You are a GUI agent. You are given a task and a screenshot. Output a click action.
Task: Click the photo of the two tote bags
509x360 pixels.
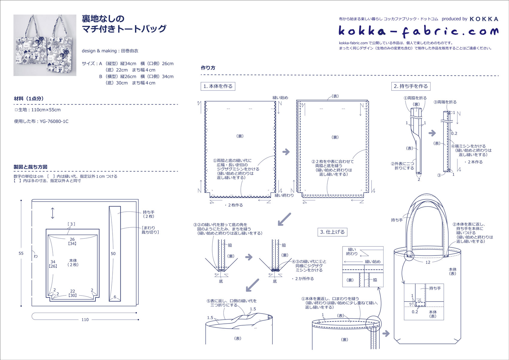[x=45, y=45]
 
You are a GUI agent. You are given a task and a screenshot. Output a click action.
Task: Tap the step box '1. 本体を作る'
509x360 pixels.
[x=218, y=86]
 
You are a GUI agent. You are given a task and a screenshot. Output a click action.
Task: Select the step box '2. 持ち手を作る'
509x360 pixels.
[x=411, y=86]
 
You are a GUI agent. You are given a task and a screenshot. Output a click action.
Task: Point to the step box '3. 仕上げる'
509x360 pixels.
[x=332, y=232]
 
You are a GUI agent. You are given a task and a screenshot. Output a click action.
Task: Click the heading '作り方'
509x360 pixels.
[x=208, y=68]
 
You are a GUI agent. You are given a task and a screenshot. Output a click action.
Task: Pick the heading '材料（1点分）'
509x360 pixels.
[x=29, y=99]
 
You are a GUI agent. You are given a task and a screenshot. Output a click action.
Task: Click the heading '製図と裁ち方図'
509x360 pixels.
[x=31, y=167]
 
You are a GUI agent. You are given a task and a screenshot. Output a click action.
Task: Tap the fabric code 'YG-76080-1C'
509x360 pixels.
[x=54, y=121]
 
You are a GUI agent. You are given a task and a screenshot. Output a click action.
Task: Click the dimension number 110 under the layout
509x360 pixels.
[x=85, y=320]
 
